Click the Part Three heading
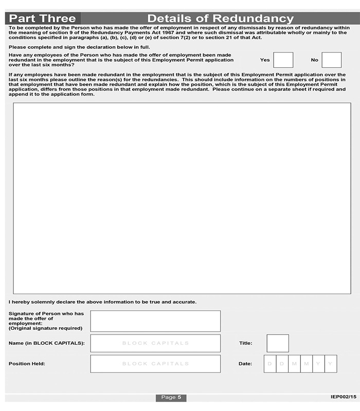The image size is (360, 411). pyautogui.click(x=43, y=18)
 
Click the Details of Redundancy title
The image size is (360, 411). pyautogui.click(x=220, y=18)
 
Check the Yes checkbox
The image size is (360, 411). pyautogui.click(x=283, y=60)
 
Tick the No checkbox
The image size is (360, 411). pyautogui.click(x=332, y=60)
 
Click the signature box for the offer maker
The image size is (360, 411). pyautogui.click(x=155, y=321)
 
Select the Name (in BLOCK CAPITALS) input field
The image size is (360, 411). pyautogui.click(x=155, y=343)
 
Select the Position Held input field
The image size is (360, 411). pyautogui.click(x=155, y=364)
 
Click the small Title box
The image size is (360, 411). pyautogui.click(x=278, y=343)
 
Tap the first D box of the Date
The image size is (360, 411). pyautogui.click(x=270, y=364)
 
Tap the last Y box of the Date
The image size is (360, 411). pyautogui.click(x=331, y=364)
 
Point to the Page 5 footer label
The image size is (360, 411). pyautogui.click(x=171, y=397)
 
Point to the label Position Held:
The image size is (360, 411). pyautogui.click(x=27, y=364)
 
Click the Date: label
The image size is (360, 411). pyautogui.click(x=245, y=364)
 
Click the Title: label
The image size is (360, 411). pyautogui.click(x=245, y=343)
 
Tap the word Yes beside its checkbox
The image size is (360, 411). pyautogui.click(x=265, y=60)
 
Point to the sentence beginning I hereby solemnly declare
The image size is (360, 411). pyautogui.click(x=102, y=302)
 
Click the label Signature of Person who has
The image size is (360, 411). pyautogui.click(x=46, y=313)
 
